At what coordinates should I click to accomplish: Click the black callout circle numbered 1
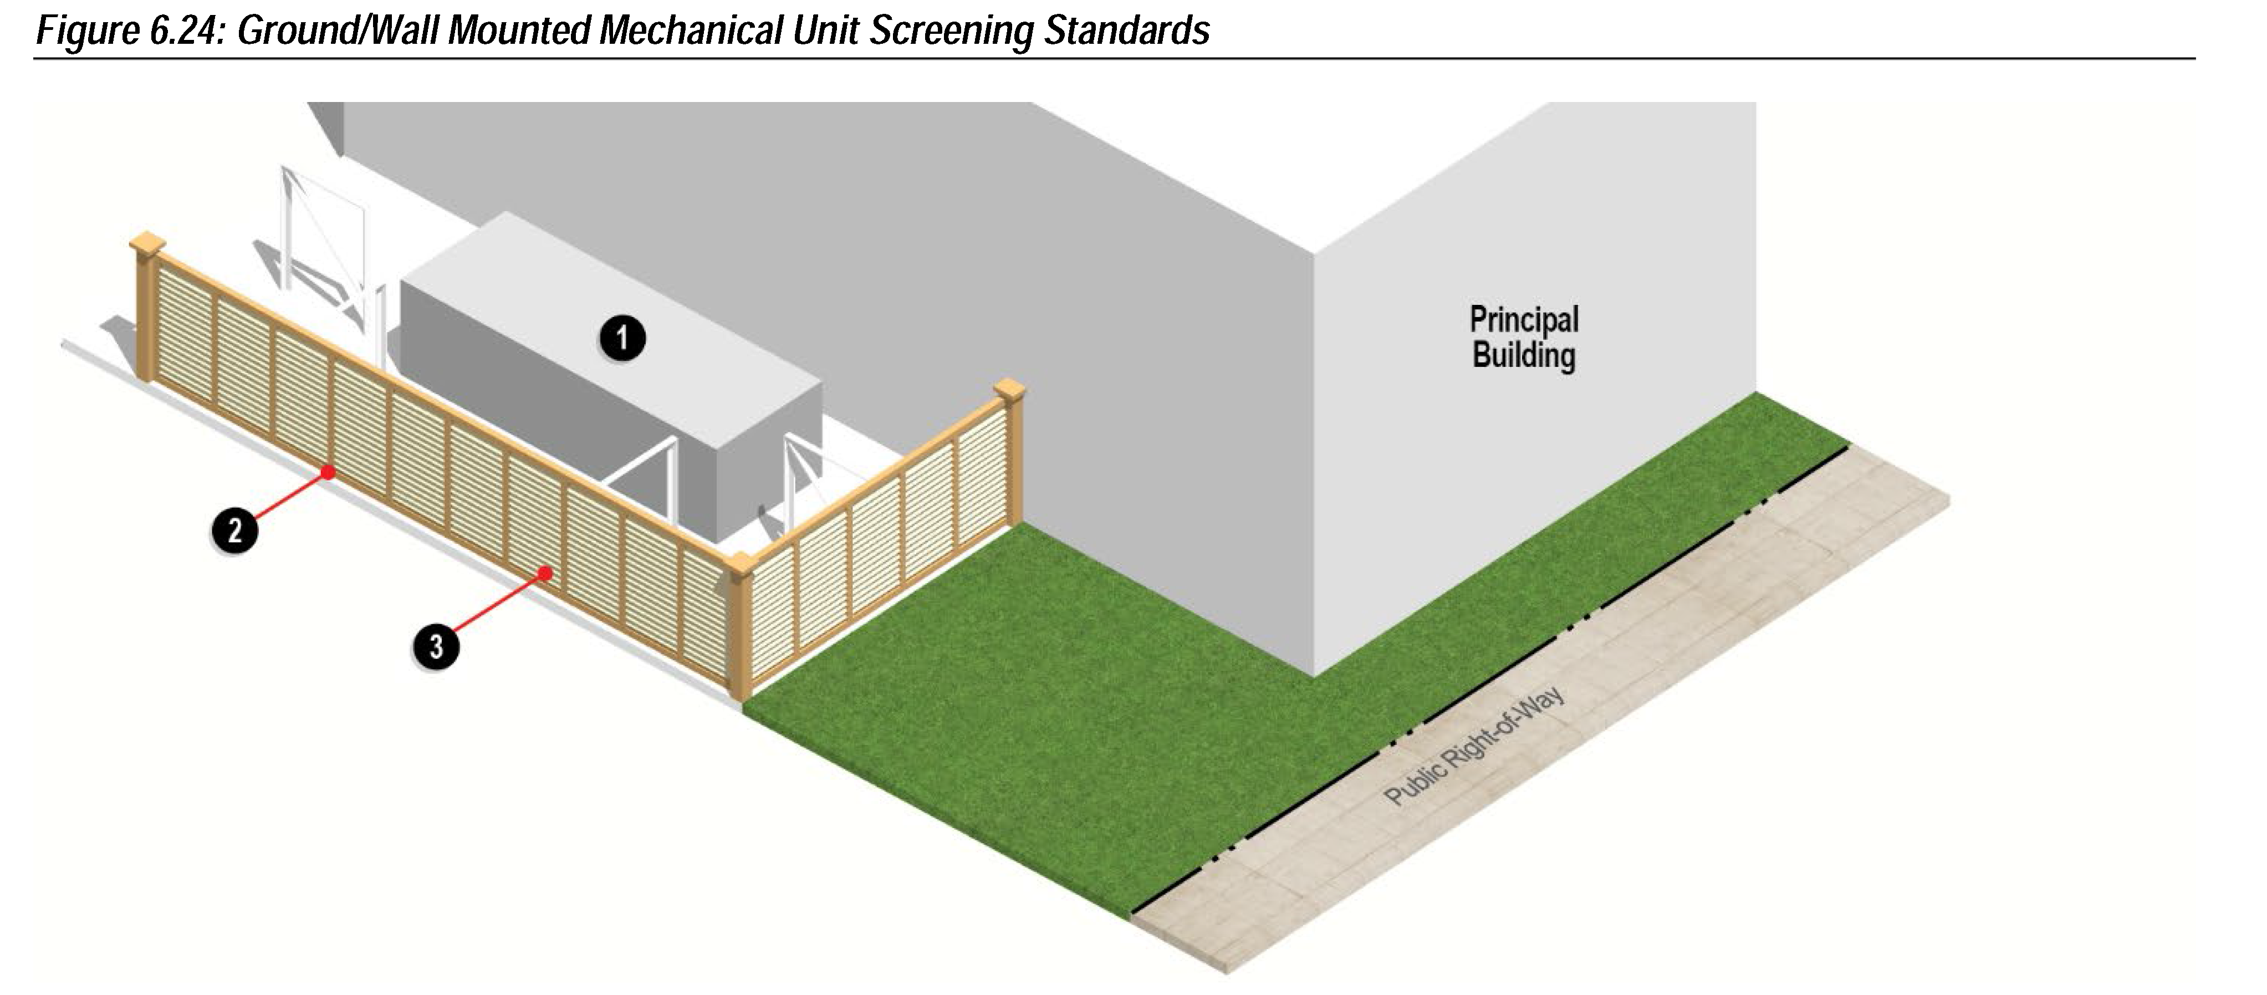622,339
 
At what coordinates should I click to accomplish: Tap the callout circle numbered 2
234,530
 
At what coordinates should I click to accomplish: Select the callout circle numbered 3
436,647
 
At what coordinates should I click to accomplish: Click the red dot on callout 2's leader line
328,472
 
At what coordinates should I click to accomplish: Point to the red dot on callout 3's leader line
545,574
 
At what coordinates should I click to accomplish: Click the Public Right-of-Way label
1474,746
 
